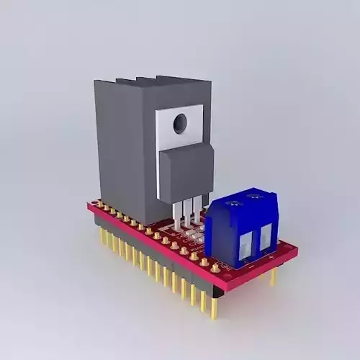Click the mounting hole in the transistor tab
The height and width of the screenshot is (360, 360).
coord(179,124)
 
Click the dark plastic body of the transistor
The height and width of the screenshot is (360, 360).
coord(186,171)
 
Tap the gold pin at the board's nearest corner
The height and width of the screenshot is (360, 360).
coord(214,306)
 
